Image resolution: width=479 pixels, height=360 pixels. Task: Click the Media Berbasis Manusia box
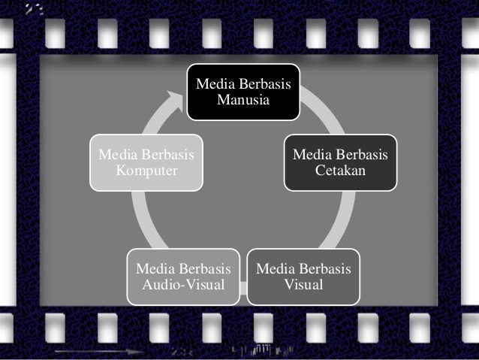click(243, 92)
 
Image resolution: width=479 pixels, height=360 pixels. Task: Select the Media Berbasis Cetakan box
click(340, 162)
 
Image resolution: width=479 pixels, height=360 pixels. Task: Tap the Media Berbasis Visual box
click(303, 277)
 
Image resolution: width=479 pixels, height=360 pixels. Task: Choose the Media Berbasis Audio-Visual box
click(183, 277)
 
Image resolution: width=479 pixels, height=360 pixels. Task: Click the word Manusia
click(243, 99)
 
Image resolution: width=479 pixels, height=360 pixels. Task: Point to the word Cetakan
click(340, 171)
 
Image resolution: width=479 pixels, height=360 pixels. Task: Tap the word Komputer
click(147, 171)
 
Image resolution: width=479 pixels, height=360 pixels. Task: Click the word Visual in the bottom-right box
click(303, 285)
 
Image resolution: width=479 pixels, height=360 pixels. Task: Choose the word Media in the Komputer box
click(119, 155)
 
